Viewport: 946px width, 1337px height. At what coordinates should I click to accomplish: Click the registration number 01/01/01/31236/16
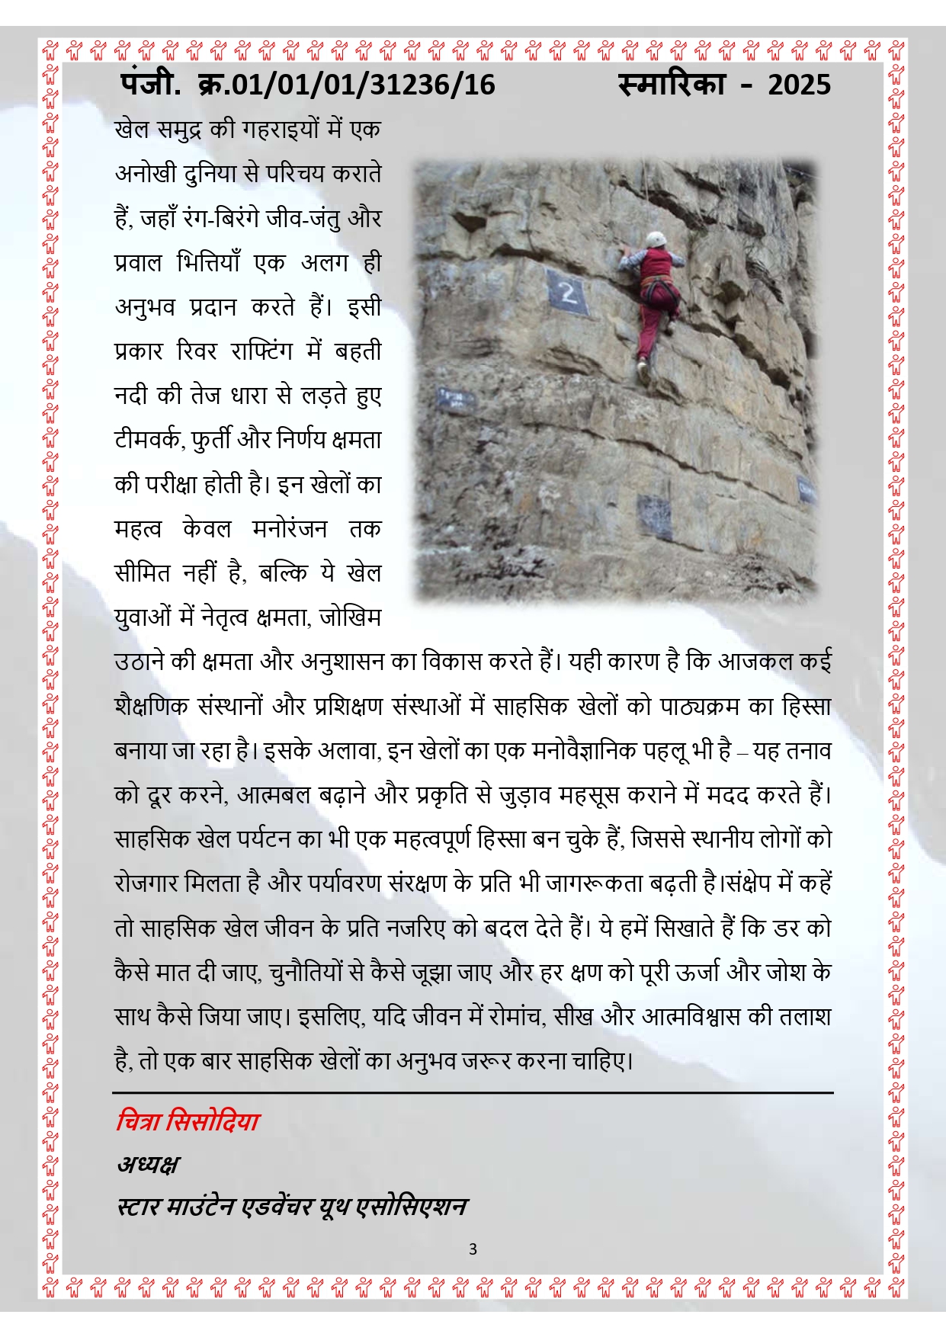(x=363, y=85)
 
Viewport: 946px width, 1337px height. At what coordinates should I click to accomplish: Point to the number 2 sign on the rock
(x=568, y=292)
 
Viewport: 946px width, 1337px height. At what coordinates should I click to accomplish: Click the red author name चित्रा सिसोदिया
(x=188, y=1121)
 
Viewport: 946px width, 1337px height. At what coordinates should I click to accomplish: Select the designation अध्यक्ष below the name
(x=148, y=1164)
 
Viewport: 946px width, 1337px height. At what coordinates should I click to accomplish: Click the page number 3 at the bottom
(x=473, y=1249)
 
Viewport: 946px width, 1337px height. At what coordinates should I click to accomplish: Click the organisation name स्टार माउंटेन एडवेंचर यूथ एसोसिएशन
(x=292, y=1207)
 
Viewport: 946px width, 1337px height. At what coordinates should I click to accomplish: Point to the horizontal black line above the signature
(x=473, y=1092)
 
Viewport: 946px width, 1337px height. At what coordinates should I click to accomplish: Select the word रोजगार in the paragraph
(x=151, y=883)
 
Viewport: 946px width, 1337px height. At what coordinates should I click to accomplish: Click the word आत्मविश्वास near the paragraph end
(x=691, y=1017)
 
